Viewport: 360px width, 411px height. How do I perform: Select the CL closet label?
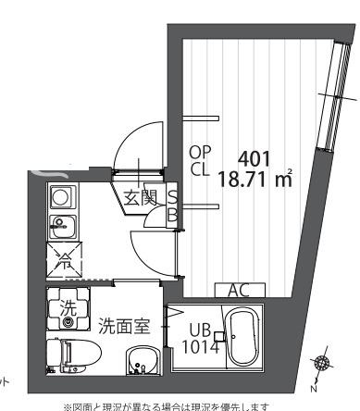201,171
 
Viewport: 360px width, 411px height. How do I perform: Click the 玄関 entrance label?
140,196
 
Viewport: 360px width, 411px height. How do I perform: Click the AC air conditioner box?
238,291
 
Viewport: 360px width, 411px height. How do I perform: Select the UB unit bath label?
200,330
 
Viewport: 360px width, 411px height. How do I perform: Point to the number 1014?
202,346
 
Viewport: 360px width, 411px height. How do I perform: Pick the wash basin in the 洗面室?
142,361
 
